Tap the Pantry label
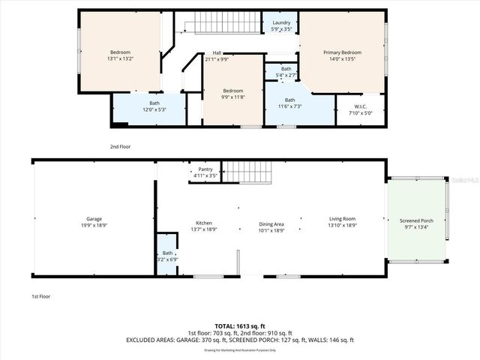pos(205,172)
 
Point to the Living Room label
pos(342,221)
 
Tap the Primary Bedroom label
pos(342,55)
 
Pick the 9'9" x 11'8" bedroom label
pos(233,93)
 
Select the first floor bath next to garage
pos(167,256)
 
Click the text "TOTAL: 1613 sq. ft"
pos(239,325)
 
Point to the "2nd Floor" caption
pos(120,147)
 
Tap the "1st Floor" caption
pos(40,296)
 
